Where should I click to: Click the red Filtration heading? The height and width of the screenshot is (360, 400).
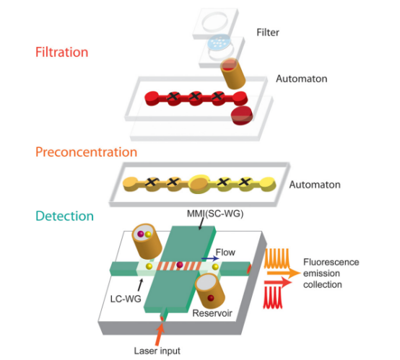[62, 52]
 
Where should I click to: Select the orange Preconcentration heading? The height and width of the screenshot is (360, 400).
[86, 152]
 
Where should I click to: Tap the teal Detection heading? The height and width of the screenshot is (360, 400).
[64, 216]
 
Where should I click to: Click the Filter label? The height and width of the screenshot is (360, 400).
[268, 32]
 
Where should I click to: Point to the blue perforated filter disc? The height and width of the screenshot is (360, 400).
[219, 42]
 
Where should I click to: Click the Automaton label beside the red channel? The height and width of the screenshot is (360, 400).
[302, 79]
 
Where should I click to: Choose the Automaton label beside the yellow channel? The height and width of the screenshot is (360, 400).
[315, 185]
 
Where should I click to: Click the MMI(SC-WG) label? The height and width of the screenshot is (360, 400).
[215, 214]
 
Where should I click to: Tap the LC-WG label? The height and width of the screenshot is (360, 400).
[126, 299]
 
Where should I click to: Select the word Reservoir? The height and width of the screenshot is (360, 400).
[212, 313]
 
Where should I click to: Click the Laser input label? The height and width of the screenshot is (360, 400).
[157, 351]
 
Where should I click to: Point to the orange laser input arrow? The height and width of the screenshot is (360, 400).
[160, 334]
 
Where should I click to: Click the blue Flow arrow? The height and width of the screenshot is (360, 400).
[210, 259]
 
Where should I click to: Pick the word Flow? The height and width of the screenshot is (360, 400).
[225, 253]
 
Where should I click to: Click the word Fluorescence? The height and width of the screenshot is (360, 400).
[331, 262]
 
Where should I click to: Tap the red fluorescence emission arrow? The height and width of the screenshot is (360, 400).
[278, 282]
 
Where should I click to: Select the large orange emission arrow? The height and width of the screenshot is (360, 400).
[284, 273]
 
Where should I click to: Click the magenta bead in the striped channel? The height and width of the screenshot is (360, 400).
[180, 265]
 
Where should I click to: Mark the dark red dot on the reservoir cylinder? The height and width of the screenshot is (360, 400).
[210, 298]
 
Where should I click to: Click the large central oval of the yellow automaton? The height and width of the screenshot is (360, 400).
[199, 183]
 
